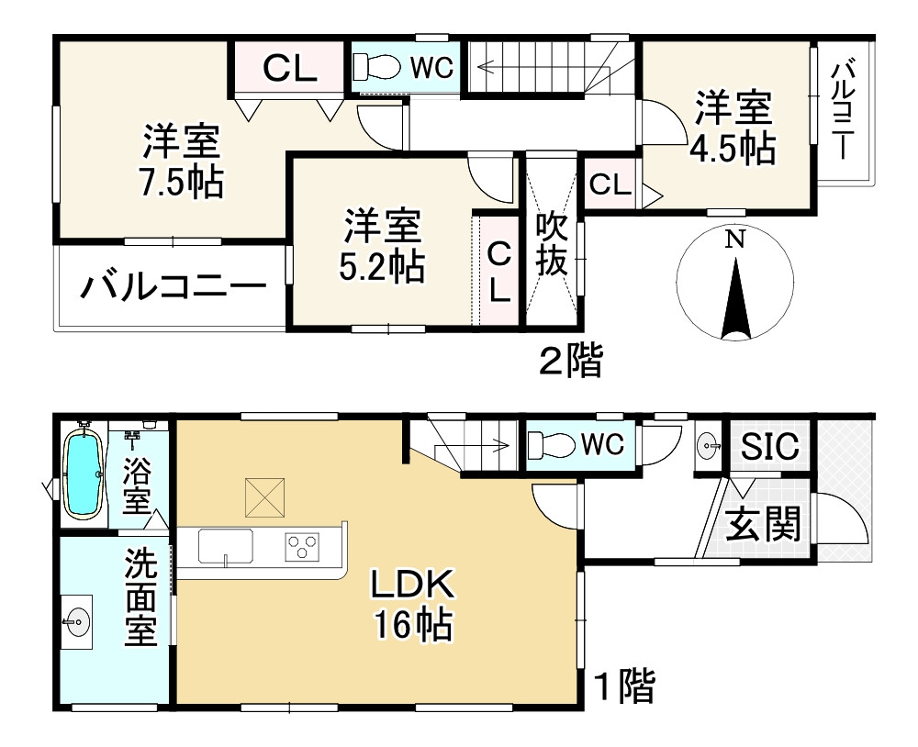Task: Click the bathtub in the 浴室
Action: click(x=84, y=474)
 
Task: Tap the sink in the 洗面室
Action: click(x=76, y=623)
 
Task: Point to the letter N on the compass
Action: click(x=733, y=240)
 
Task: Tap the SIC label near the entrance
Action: click(x=770, y=448)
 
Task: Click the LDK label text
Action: click(x=412, y=584)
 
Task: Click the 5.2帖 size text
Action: click(x=382, y=266)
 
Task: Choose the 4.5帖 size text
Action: click(x=732, y=149)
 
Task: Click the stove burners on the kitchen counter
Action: click(x=300, y=547)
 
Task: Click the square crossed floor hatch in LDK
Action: click(x=264, y=498)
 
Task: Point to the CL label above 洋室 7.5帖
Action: click(x=290, y=68)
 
